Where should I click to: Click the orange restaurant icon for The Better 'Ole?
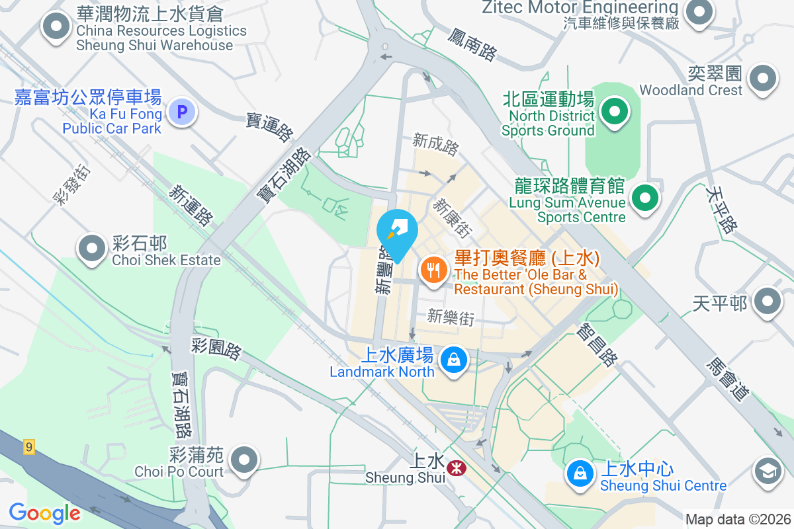[x=433, y=270]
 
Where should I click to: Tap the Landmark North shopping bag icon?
[x=454, y=360]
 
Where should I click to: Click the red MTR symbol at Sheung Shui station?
[x=455, y=468]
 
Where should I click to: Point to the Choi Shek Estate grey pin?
[x=92, y=249]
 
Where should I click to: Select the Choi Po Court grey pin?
[x=245, y=459]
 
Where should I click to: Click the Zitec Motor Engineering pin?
[x=698, y=11]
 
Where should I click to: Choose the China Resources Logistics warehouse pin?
[x=56, y=27]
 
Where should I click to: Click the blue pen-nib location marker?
[x=397, y=231]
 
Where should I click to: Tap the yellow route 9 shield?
[x=28, y=446]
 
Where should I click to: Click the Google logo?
[x=44, y=512]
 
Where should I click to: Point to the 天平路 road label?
[x=721, y=210]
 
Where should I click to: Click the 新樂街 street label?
[x=451, y=317]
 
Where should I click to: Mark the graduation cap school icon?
[x=768, y=471]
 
